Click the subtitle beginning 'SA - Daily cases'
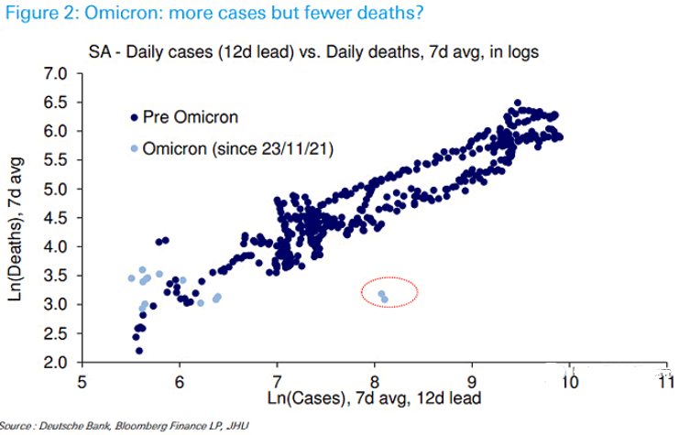pos(312,51)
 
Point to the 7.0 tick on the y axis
pos(57,73)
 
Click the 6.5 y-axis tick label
pos(57,103)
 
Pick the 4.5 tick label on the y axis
pos(57,218)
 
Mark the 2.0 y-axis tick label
pos(57,363)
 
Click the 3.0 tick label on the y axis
pos(57,305)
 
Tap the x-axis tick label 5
pos(82,380)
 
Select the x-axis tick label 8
pos(375,380)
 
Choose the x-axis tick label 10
pos(570,380)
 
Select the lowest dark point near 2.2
pos(139,351)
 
